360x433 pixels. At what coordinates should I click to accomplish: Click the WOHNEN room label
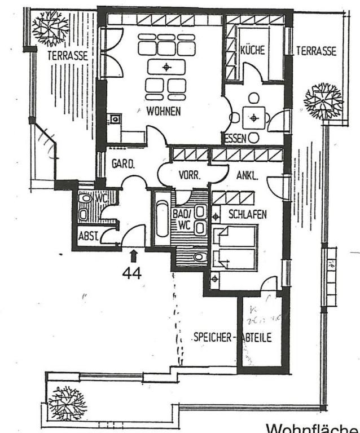[164, 111]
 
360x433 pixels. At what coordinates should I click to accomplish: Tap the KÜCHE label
[252, 50]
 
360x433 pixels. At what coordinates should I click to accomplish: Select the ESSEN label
[236, 139]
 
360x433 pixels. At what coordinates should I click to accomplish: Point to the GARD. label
[122, 165]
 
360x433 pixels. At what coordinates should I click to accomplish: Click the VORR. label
[189, 175]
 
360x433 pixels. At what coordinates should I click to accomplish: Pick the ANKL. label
[247, 175]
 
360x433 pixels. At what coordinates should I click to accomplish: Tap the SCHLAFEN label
[247, 214]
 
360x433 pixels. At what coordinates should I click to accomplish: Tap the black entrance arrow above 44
[133, 256]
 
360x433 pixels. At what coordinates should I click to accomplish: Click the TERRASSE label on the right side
[316, 51]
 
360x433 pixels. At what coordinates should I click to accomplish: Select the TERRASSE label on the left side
[67, 55]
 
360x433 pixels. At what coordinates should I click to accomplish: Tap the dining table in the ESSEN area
[254, 118]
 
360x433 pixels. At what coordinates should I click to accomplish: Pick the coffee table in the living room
[166, 67]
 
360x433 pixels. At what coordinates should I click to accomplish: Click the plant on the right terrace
[323, 101]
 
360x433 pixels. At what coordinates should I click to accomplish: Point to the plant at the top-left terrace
[50, 27]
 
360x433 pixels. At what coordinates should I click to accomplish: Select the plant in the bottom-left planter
[66, 403]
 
